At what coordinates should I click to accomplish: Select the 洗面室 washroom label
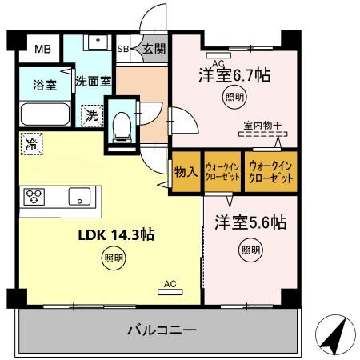point(93,81)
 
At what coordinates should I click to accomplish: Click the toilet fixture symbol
point(122,123)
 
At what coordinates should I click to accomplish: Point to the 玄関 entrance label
point(154,50)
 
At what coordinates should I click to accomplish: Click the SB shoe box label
point(123,50)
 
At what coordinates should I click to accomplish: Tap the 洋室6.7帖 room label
point(234,76)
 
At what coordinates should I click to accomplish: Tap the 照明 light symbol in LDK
point(113,258)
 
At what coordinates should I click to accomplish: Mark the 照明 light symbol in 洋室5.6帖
point(250,250)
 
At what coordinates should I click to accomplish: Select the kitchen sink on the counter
point(80,196)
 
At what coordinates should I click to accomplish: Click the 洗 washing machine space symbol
point(91,115)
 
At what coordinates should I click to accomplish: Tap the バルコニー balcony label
point(161,330)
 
